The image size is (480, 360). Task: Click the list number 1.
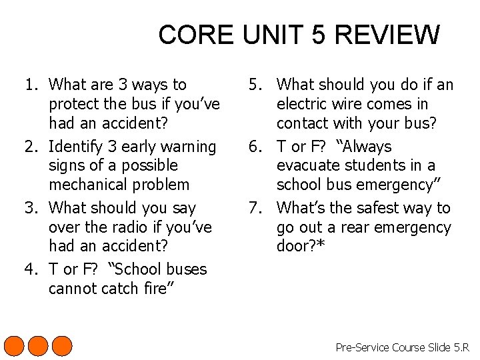(x=30, y=85)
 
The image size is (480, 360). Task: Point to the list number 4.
(x=30, y=269)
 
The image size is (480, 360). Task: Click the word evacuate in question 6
(x=308, y=165)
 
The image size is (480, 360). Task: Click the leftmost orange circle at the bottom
(x=15, y=346)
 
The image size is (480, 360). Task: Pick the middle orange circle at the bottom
(x=38, y=346)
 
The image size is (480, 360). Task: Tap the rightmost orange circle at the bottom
(x=61, y=346)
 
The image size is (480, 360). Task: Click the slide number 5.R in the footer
(x=461, y=347)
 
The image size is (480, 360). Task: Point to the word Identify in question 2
(x=77, y=147)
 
